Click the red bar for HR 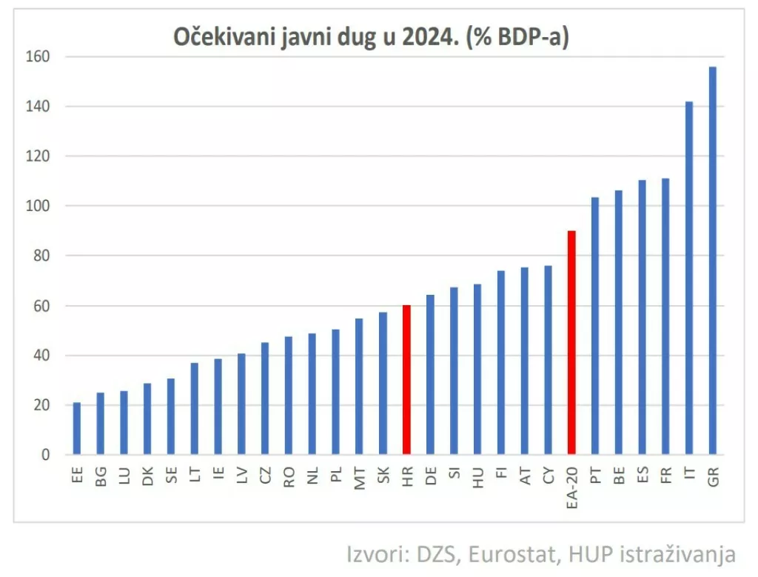click(x=406, y=379)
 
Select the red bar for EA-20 click(x=571, y=342)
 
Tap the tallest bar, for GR click(x=713, y=260)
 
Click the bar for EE click(x=77, y=428)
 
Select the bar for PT click(x=595, y=326)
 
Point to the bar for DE click(x=430, y=374)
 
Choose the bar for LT click(x=195, y=408)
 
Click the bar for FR click(x=665, y=316)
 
